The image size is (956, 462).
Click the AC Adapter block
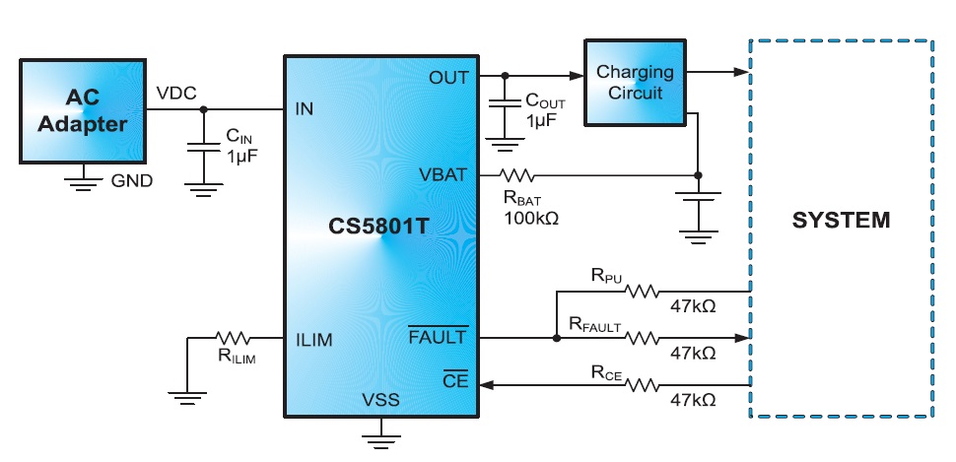coord(83,109)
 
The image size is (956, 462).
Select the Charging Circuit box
coord(635,83)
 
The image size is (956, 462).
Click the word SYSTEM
coord(841,220)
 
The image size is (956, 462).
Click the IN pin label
coord(305,108)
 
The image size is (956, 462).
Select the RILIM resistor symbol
coord(237,338)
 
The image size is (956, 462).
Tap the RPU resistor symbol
coord(643,292)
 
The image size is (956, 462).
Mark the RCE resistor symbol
coord(643,384)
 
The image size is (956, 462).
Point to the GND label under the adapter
coord(131,181)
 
